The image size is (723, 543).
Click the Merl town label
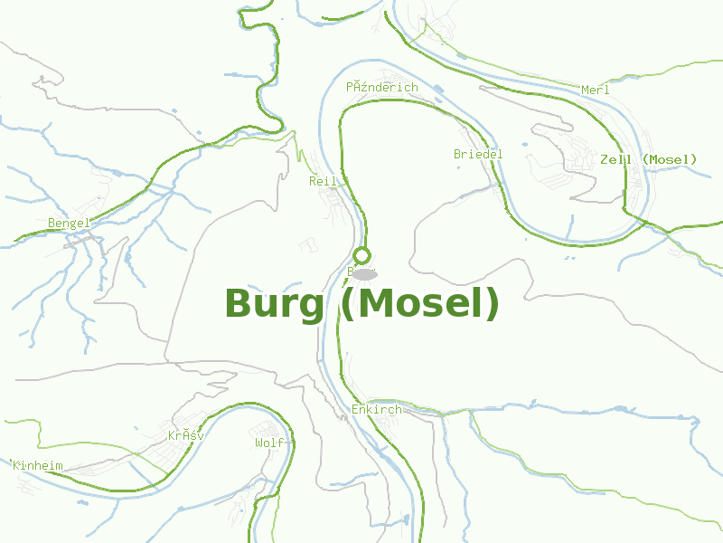click(596, 90)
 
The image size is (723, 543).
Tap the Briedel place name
click(478, 154)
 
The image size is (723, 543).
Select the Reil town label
click(323, 181)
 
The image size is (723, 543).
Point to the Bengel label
click(69, 223)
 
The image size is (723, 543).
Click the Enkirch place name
click(376, 410)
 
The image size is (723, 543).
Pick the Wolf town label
click(269, 443)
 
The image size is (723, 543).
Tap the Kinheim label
click(38, 465)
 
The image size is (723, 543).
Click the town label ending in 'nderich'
click(382, 87)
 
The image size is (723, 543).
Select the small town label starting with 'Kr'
click(185, 435)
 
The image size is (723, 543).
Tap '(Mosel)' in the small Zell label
click(671, 159)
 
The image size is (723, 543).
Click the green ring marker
click(362, 255)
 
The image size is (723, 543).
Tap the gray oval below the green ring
click(364, 274)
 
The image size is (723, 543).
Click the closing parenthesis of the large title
click(491, 304)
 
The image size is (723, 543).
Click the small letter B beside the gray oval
click(351, 271)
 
